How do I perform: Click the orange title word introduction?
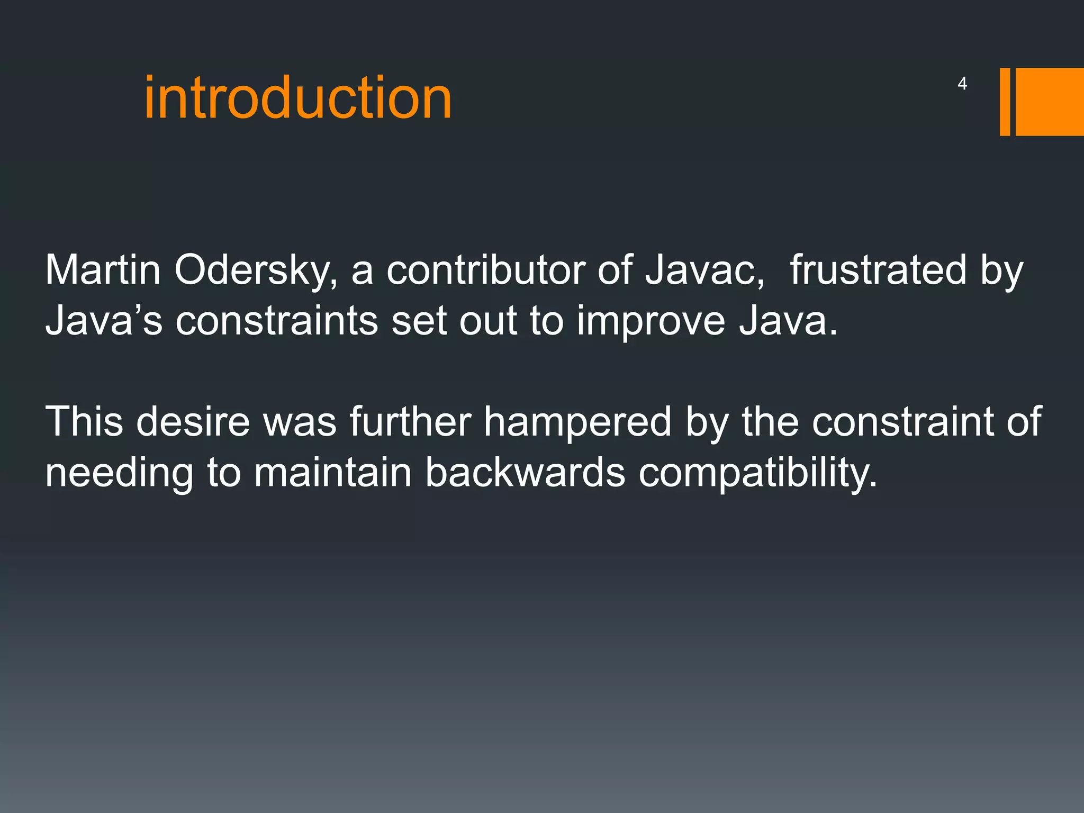(x=298, y=98)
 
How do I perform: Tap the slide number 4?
(x=962, y=84)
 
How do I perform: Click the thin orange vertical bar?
(x=1005, y=102)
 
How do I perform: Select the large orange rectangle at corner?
(x=1049, y=102)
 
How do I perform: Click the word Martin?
(x=103, y=270)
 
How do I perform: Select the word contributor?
(x=485, y=270)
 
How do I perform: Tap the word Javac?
(x=704, y=270)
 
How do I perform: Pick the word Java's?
(x=104, y=321)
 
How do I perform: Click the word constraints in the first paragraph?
(x=276, y=321)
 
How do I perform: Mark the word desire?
(x=193, y=421)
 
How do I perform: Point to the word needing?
(x=119, y=473)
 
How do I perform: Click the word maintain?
(x=333, y=472)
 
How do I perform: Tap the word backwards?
(x=525, y=472)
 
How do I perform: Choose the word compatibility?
(x=757, y=473)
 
